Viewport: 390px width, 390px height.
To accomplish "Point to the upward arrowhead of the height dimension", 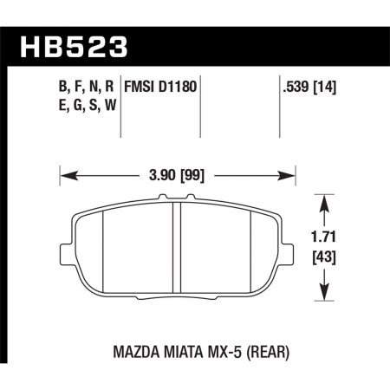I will pos(323,202).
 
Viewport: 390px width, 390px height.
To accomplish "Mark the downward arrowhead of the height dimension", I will pos(323,291).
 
